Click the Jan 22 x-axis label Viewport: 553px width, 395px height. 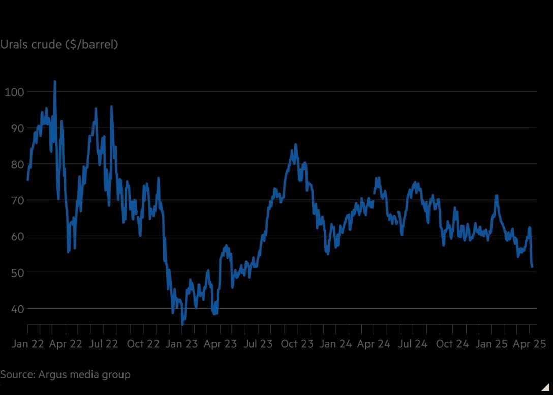coord(27,344)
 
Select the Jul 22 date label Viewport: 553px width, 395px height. coord(103,344)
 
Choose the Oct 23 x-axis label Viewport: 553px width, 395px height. coord(297,344)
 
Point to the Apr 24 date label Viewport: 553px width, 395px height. coord(374,344)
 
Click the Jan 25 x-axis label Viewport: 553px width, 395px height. coord(490,344)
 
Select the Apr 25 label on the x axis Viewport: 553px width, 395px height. coord(529,344)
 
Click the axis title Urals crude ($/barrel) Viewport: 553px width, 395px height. coord(59,45)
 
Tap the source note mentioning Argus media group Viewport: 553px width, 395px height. coord(65,375)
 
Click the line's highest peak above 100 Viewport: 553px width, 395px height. coord(55,81)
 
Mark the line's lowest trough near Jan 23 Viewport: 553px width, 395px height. coord(182,323)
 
